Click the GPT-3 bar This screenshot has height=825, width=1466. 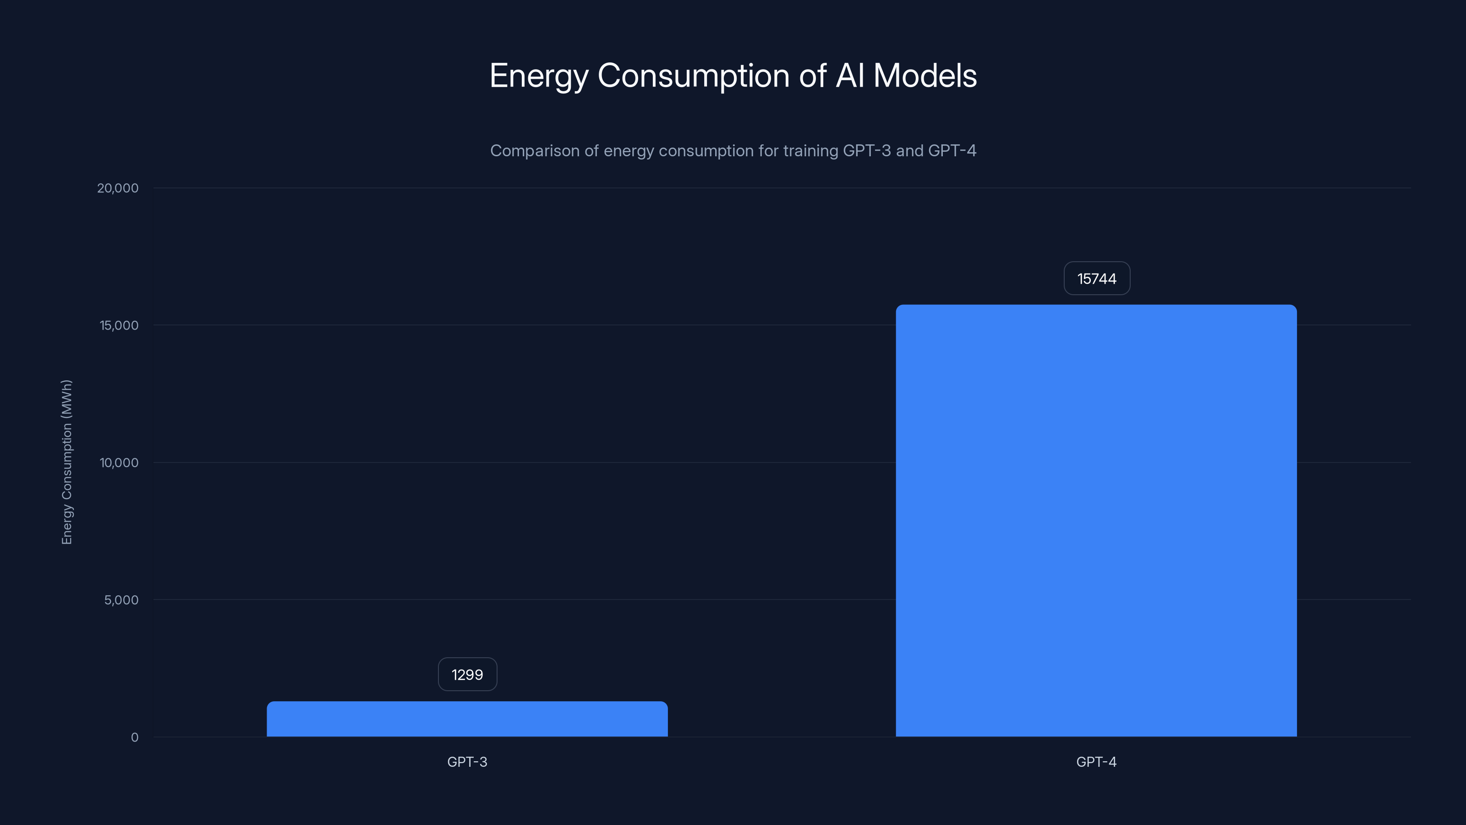click(x=467, y=719)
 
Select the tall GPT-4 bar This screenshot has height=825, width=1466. click(x=1096, y=521)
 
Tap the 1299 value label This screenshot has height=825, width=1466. click(x=467, y=675)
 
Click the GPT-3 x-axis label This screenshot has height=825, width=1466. click(x=467, y=762)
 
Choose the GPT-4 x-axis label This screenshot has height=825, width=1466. click(x=1096, y=762)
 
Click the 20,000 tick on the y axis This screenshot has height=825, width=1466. click(x=118, y=188)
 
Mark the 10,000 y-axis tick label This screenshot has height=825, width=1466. click(x=119, y=463)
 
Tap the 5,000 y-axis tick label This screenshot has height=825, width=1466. click(x=121, y=600)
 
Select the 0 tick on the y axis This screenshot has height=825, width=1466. click(x=134, y=737)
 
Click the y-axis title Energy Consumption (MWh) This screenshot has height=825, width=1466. click(x=66, y=462)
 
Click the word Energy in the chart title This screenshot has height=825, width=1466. click(x=538, y=76)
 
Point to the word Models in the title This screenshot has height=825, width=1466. click(x=925, y=75)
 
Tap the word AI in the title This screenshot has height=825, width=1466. click(x=850, y=75)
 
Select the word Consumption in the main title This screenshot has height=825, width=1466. click(x=693, y=76)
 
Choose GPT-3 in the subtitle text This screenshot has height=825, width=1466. click(x=866, y=151)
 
